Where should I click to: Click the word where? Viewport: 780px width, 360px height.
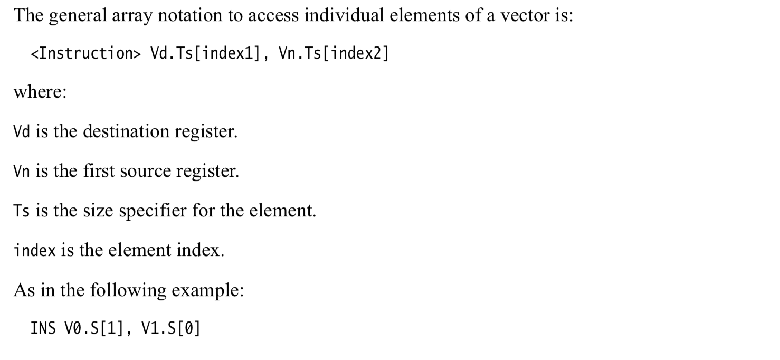click(x=40, y=92)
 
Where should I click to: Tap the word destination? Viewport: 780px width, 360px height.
click(x=127, y=131)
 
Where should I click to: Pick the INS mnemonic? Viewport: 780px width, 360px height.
click(x=43, y=329)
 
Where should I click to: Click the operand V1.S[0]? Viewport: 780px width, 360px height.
click(x=171, y=329)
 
